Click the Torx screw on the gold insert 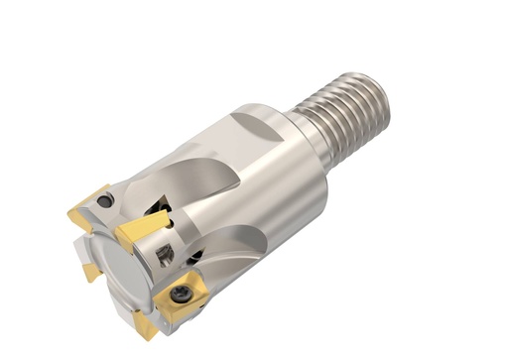click(179, 295)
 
